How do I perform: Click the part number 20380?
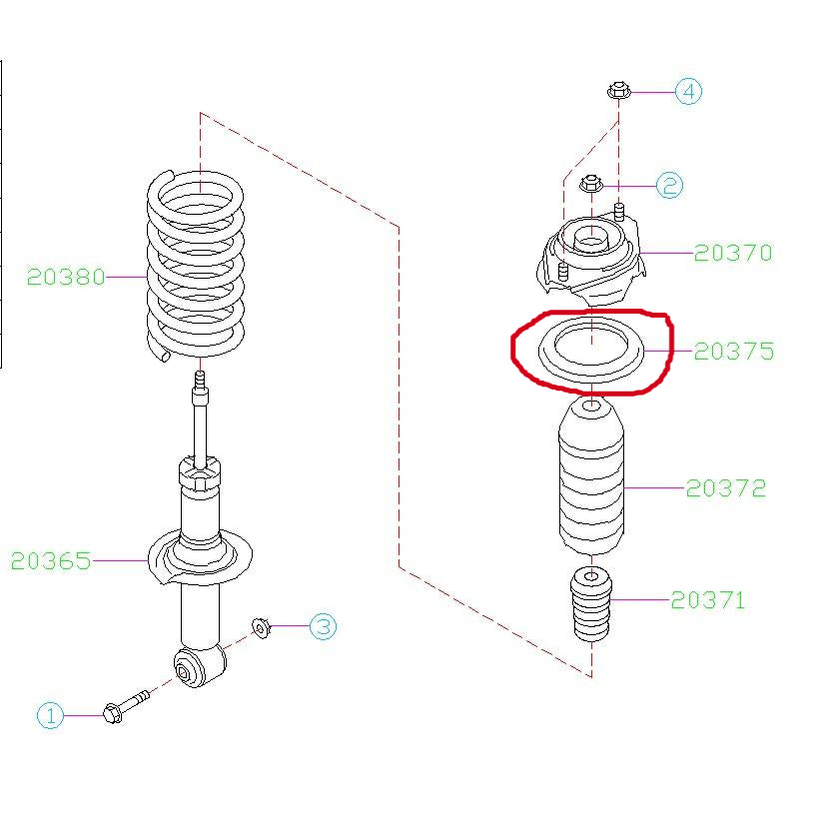(x=66, y=277)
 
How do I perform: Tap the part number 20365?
(x=51, y=560)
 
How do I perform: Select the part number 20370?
(x=733, y=253)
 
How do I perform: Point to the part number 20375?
(x=734, y=352)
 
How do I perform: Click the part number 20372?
(x=726, y=488)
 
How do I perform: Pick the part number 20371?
(x=708, y=600)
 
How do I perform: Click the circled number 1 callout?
(x=50, y=716)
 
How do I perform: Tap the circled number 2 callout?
(x=669, y=186)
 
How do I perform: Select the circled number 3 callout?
(x=323, y=626)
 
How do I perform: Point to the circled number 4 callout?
(x=689, y=92)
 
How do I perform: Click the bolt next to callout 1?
(x=126, y=707)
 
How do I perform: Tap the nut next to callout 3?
(x=261, y=627)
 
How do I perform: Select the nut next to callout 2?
(x=591, y=184)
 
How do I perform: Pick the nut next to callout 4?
(x=618, y=90)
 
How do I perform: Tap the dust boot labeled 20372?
(x=591, y=476)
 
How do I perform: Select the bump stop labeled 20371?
(x=591, y=604)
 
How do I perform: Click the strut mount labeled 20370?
(x=590, y=259)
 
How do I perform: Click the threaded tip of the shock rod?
(x=200, y=380)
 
